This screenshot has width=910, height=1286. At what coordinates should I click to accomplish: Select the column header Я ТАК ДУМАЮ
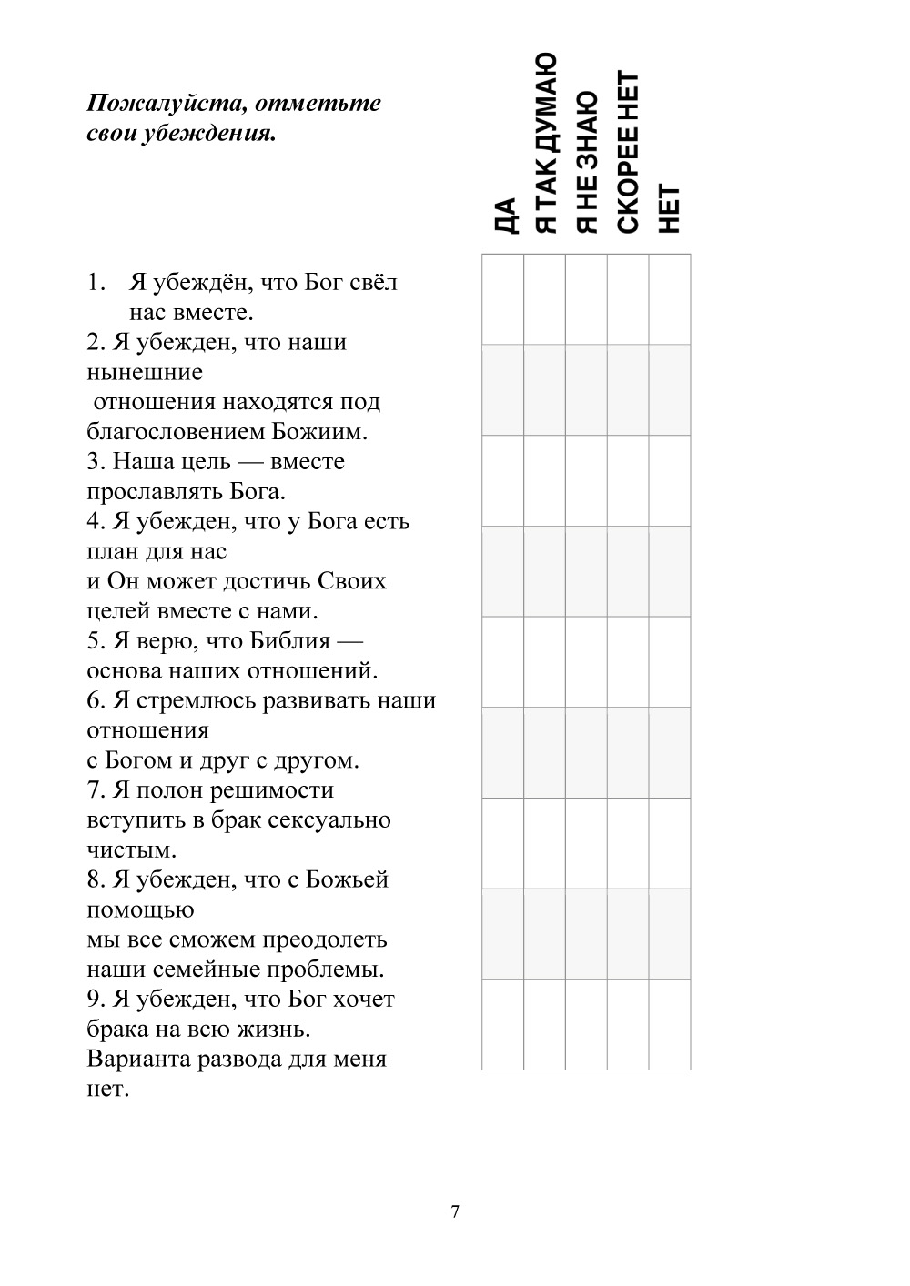(x=545, y=143)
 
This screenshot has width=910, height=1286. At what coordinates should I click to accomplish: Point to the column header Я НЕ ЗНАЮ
(x=587, y=161)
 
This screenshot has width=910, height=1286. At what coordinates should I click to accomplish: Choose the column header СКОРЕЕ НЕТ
(x=629, y=151)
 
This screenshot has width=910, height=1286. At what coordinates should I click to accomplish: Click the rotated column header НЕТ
(x=670, y=208)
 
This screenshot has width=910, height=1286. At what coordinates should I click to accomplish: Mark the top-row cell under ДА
(x=502, y=299)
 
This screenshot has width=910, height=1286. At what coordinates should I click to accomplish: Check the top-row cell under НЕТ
(x=670, y=299)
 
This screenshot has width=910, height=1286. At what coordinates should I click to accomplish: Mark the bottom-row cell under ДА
(x=502, y=1024)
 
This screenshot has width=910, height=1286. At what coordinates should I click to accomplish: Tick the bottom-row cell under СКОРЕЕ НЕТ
(x=628, y=1024)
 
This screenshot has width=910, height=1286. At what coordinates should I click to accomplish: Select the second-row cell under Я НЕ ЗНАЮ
(x=586, y=389)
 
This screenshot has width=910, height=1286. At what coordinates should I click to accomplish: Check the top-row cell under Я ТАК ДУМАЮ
(x=544, y=299)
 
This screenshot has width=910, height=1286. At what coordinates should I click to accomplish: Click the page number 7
(x=455, y=1211)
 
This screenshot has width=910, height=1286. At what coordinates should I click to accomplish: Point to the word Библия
(x=288, y=641)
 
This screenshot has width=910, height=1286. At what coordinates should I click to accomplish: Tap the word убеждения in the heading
(x=213, y=134)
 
